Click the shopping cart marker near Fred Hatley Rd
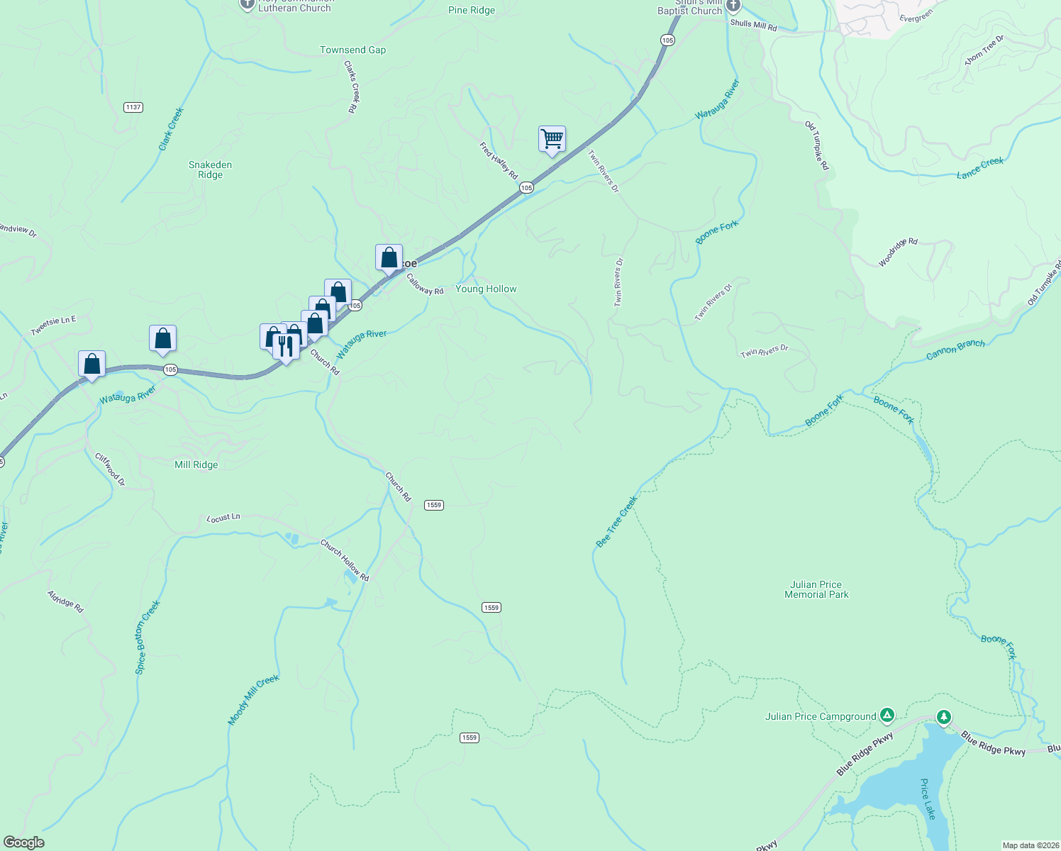point(552,139)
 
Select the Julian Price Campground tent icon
point(887,715)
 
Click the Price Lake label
point(928,799)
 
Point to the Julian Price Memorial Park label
point(816,589)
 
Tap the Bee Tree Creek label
point(616,521)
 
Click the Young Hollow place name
point(486,289)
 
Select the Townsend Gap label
point(352,50)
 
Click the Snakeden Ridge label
point(210,169)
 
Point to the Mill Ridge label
point(196,465)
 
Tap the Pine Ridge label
point(472,10)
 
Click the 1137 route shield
point(133,107)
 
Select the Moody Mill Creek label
point(253,699)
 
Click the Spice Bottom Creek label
point(148,637)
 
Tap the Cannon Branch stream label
point(955,350)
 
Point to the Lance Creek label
point(980,167)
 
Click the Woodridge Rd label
point(898,252)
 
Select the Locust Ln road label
point(223,518)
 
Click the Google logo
point(23,842)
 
